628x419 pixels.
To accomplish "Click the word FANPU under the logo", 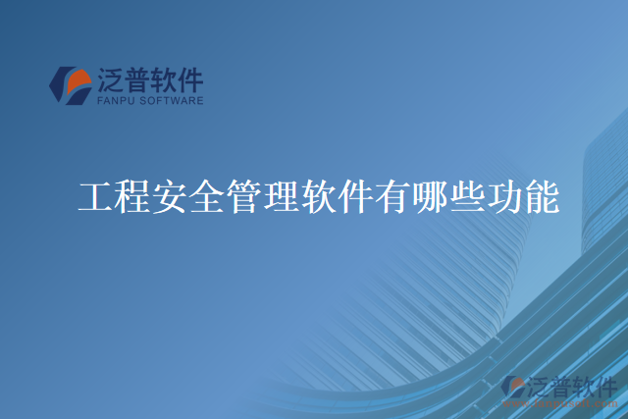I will click(118, 100).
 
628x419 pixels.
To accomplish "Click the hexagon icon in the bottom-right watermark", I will click(512, 387).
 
